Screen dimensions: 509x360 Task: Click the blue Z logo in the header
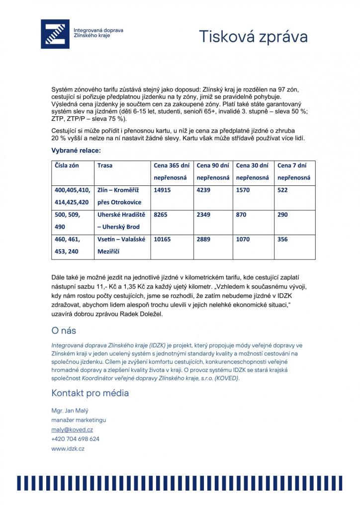55,34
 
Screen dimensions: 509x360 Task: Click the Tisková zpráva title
253,36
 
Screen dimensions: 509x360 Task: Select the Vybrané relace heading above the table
76,150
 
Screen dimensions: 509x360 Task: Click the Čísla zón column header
67,166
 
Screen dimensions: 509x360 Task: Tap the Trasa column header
105,166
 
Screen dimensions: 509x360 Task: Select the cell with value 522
283,190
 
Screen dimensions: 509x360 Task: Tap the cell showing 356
283,239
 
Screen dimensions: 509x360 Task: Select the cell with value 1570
244,190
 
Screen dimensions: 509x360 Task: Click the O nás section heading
64,331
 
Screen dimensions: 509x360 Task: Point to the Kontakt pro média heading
90,393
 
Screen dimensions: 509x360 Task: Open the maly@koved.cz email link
72,429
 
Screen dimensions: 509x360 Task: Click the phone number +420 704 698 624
75,439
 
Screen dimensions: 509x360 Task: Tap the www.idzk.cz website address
68,448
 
